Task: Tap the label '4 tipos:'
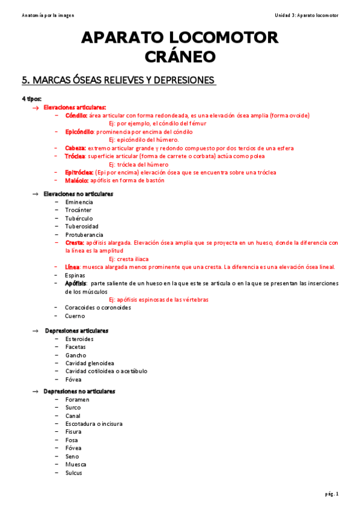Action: (32, 98)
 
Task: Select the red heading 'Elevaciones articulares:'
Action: (75, 106)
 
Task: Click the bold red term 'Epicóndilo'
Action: (79, 131)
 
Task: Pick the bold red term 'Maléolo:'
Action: (77, 180)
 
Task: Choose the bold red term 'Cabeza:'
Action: (75, 147)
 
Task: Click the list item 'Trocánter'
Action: (78, 210)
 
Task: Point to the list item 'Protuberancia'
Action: (84, 234)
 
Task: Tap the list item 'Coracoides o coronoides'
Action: (98, 307)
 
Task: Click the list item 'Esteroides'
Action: (79, 339)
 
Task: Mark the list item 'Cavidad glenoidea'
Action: (90, 363)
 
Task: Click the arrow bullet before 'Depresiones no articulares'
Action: (35, 392)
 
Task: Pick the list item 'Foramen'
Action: (77, 399)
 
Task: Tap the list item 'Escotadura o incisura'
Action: (94, 423)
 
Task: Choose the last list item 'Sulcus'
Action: (74, 472)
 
